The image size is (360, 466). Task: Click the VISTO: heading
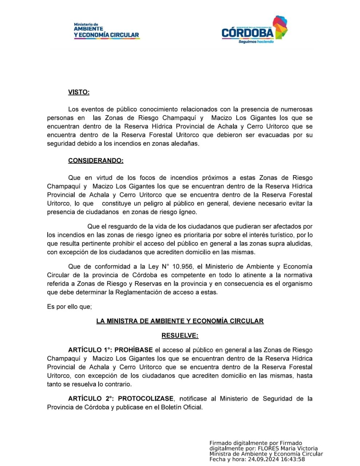pos(79,92)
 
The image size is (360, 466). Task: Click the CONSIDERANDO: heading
pos(96,161)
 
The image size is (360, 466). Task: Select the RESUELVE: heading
pos(180,335)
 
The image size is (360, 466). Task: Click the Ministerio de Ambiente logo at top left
pos(106,31)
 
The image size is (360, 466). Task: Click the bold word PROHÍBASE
pos(134,350)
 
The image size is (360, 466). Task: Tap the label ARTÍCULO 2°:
pos(91,399)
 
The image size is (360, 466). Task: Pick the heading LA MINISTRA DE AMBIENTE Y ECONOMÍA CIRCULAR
pos(180,321)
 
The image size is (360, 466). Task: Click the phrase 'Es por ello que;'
pos(69,307)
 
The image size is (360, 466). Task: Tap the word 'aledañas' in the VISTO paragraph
pos(186,143)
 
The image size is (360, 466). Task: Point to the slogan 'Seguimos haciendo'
pos(256,42)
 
